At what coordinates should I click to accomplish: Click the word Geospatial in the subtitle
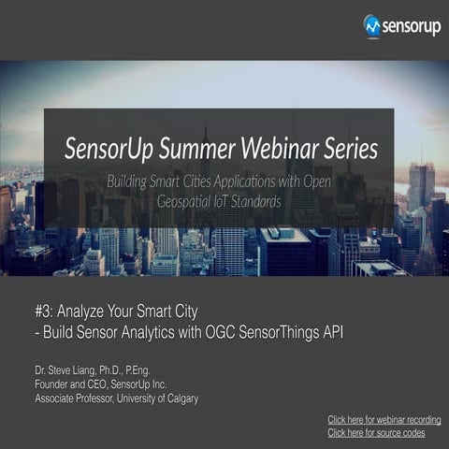click(189, 199)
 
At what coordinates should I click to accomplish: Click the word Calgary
click(178, 398)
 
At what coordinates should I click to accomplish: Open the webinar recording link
click(384, 420)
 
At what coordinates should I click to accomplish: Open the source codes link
click(376, 433)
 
